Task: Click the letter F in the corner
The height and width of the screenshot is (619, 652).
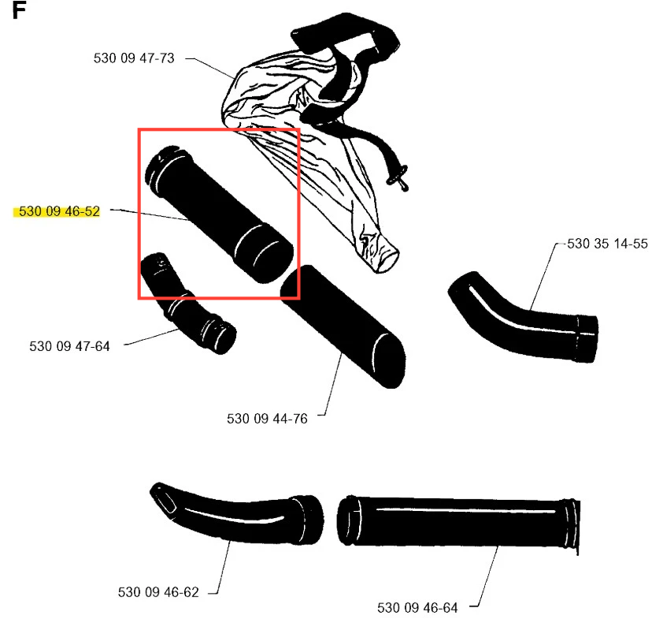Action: [x=19, y=10]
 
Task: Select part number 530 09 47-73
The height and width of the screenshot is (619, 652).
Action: [x=134, y=58]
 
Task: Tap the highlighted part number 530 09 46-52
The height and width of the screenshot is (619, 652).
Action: [x=60, y=211]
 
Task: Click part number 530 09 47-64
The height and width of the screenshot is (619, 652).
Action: [x=69, y=346]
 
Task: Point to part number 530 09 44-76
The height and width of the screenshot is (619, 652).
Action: [x=267, y=419]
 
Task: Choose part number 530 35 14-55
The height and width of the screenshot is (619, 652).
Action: [x=607, y=244]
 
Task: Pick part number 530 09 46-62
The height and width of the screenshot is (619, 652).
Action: [x=158, y=592]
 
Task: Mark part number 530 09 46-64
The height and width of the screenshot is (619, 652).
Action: [x=417, y=608]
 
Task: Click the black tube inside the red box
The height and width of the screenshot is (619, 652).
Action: [x=219, y=214]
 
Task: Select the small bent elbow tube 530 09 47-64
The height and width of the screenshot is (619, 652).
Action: [x=188, y=303]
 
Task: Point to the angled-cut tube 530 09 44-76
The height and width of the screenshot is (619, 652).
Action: [x=343, y=326]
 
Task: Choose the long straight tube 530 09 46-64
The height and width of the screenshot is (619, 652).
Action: [x=458, y=523]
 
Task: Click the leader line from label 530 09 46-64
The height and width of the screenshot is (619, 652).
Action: [x=485, y=576]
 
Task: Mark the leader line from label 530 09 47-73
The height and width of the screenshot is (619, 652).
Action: [x=210, y=69]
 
